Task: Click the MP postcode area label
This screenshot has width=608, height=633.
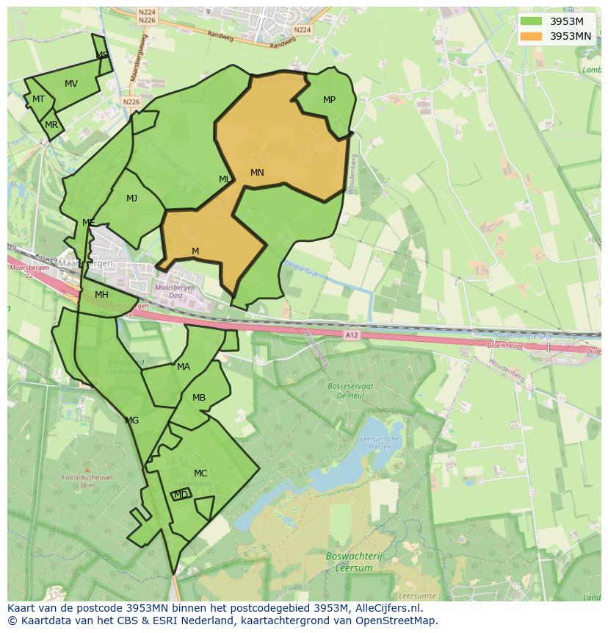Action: pyautogui.click(x=329, y=100)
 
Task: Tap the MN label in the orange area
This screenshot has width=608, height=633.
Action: pyautogui.click(x=257, y=173)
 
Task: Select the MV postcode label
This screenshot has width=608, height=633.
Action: pyautogui.click(x=71, y=84)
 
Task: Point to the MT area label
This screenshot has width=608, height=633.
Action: pyautogui.click(x=38, y=99)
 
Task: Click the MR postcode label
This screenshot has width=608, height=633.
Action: pyautogui.click(x=51, y=125)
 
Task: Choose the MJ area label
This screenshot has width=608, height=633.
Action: pyautogui.click(x=131, y=199)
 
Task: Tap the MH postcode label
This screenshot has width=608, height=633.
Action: pyautogui.click(x=101, y=295)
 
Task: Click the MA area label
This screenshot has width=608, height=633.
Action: pyautogui.click(x=184, y=367)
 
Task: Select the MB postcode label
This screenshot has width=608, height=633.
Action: pyautogui.click(x=199, y=398)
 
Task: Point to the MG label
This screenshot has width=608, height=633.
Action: pyautogui.click(x=132, y=421)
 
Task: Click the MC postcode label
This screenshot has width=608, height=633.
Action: pyautogui.click(x=200, y=473)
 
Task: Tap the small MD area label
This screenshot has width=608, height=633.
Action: pyautogui.click(x=181, y=495)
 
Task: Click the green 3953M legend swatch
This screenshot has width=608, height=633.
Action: pyautogui.click(x=532, y=21)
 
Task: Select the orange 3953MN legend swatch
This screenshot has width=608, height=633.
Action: pyautogui.click(x=532, y=35)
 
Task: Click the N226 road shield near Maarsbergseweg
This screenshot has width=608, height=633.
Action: pyautogui.click(x=131, y=102)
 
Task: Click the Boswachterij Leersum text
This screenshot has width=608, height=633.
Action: pyautogui.click(x=349, y=562)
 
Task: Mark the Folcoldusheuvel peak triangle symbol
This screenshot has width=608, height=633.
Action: pyautogui.click(x=87, y=469)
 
